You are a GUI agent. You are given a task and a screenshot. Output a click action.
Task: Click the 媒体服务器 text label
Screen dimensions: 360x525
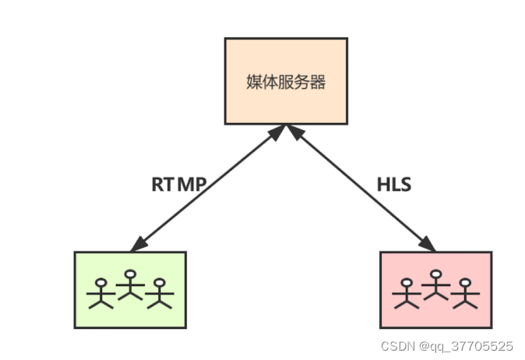tap(285, 82)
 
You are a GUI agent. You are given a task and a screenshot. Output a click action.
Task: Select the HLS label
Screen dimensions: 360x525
tap(393, 185)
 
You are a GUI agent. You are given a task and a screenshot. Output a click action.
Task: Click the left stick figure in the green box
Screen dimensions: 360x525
tap(100, 293)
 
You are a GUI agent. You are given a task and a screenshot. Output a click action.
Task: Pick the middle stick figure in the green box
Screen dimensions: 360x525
tap(130, 286)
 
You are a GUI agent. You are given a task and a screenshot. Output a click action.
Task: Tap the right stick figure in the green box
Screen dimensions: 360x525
tap(160, 293)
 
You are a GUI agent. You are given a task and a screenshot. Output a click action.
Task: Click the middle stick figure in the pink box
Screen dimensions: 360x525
tap(435, 286)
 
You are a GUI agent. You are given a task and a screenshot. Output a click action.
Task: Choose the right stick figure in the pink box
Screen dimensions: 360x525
tap(466, 293)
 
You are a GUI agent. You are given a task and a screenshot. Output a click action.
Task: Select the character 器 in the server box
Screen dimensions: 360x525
tap(317, 82)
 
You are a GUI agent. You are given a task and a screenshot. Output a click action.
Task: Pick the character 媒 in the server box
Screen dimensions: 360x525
tap(253, 82)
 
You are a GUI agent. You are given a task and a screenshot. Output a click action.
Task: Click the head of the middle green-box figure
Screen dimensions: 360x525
tap(130, 274)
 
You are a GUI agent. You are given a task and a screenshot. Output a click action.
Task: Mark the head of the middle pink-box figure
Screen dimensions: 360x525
tap(435, 274)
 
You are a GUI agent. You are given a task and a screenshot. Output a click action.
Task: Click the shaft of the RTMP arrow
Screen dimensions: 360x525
tap(206, 187)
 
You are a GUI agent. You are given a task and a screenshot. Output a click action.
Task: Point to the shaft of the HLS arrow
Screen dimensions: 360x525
tap(362, 187)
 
